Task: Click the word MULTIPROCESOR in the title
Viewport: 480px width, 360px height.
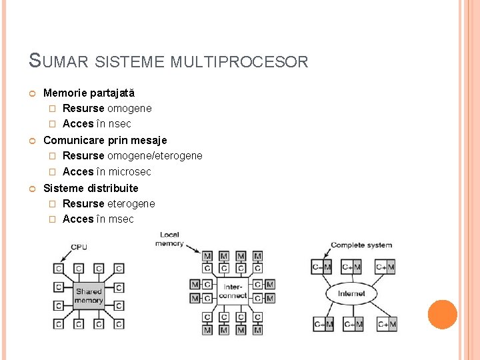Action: point(239,62)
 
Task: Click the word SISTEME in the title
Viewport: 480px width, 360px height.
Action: point(130,62)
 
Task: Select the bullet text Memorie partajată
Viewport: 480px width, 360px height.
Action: point(89,93)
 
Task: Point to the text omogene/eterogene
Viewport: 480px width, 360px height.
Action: point(155,156)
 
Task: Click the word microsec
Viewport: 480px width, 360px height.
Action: point(129,172)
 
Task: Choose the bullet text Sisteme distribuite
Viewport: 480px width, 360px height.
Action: point(91,188)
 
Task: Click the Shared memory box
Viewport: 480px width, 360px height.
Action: point(89,296)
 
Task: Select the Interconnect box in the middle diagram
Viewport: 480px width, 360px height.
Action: point(232,291)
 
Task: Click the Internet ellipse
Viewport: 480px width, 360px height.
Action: point(351,293)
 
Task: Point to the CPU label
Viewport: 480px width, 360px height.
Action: point(79,247)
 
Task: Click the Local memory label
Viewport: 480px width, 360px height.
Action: point(169,239)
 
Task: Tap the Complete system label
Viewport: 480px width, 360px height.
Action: point(361,245)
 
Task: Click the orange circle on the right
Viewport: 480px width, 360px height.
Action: point(442,315)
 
